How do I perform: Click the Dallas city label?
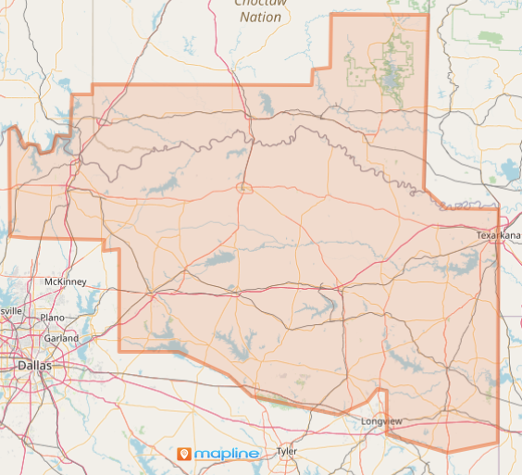(35, 367)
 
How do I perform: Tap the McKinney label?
(65, 281)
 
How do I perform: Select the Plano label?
(52, 318)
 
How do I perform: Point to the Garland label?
(61, 338)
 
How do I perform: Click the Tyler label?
(287, 452)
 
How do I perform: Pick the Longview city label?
(382, 422)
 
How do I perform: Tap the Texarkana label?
(499, 236)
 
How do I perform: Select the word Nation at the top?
(259, 17)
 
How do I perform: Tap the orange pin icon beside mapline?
(183, 454)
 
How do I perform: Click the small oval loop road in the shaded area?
(244, 188)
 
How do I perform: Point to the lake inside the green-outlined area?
(392, 81)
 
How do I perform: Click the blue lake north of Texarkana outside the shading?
(510, 169)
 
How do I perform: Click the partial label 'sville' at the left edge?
(10, 312)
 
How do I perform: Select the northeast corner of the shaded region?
(428, 15)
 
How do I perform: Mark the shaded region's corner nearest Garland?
(119, 350)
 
